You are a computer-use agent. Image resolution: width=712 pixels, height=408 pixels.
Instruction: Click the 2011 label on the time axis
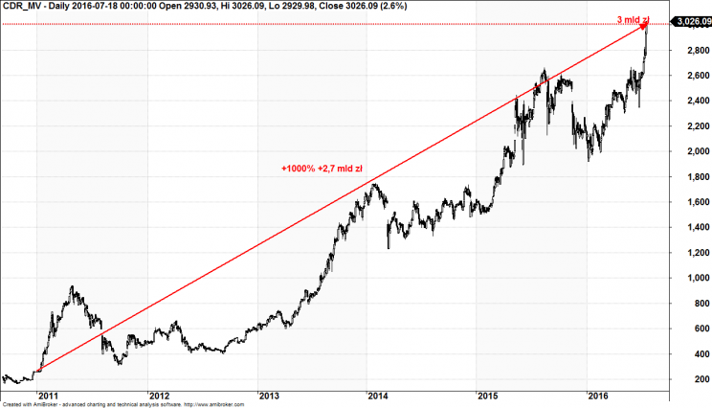point(48,395)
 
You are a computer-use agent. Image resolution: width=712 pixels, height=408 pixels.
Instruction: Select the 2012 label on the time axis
point(159,395)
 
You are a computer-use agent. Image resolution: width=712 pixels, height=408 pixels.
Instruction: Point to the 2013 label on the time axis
point(270,395)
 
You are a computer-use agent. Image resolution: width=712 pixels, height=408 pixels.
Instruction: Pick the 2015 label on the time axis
point(489,395)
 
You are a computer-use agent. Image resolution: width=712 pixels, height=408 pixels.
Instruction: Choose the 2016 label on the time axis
point(599,395)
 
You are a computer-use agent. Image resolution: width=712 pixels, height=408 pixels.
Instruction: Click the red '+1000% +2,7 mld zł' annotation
point(321,170)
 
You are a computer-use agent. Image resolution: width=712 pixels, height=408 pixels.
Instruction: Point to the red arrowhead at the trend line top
point(644,28)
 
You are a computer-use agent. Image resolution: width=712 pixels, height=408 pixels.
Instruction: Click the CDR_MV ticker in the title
point(22,6)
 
